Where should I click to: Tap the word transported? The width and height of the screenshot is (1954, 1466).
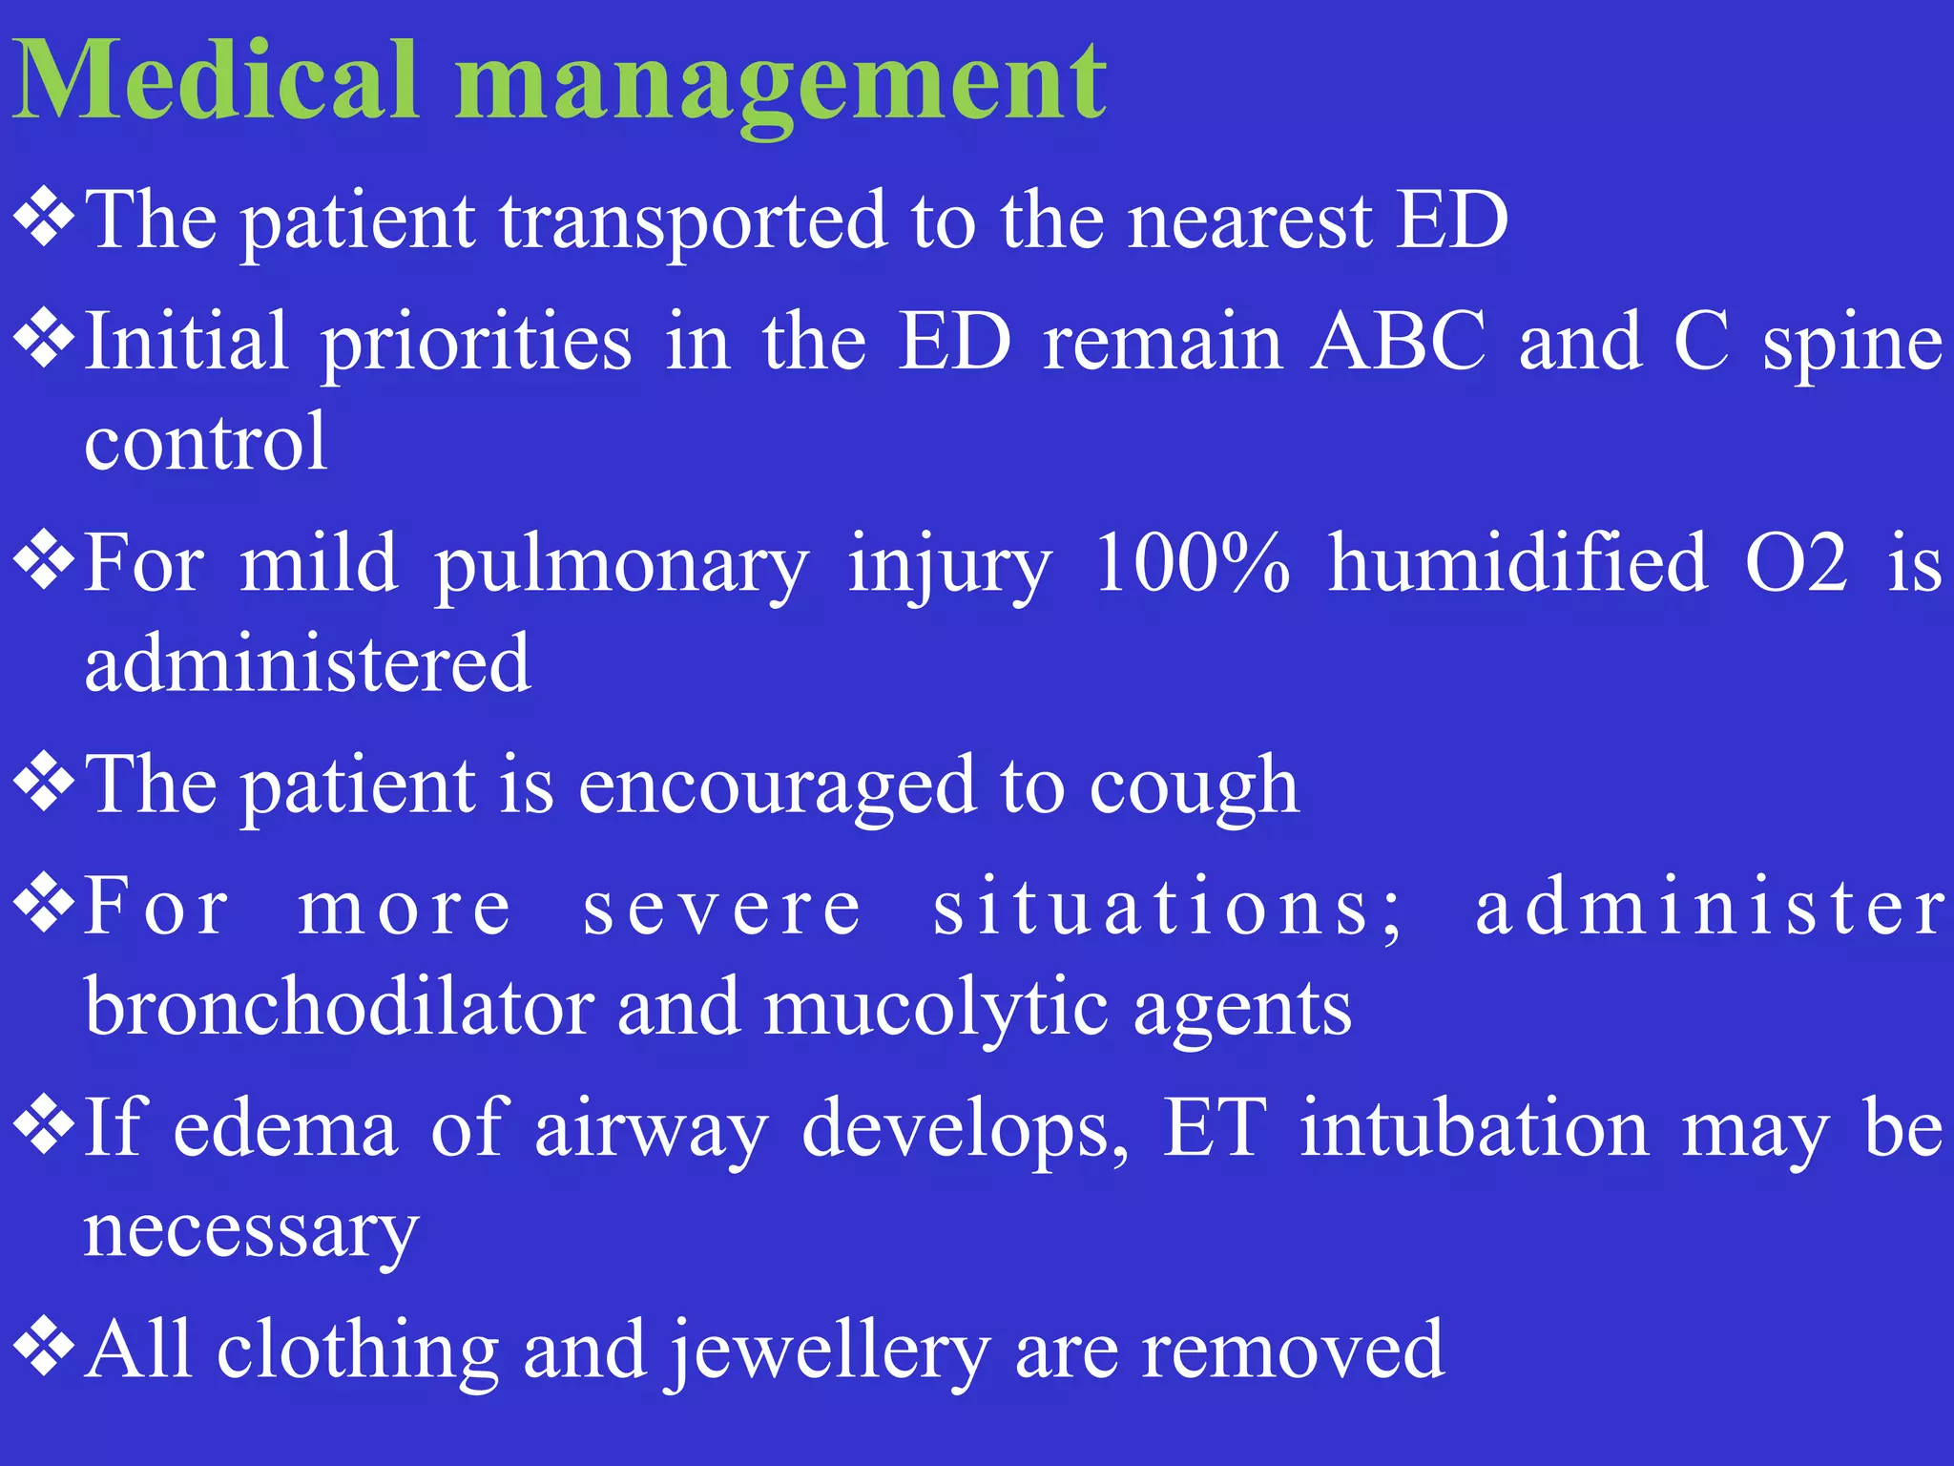(x=694, y=221)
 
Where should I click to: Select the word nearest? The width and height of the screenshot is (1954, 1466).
(x=1250, y=221)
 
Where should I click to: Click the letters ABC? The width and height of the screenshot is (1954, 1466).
(x=1398, y=342)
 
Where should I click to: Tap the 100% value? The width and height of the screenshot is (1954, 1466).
(x=1193, y=563)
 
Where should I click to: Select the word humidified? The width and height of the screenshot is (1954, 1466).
(x=1518, y=563)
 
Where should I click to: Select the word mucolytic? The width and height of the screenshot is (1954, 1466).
(x=936, y=1010)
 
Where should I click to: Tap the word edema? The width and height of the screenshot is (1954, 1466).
(x=285, y=1129)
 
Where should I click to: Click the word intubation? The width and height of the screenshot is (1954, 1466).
(x=1474, y=1129)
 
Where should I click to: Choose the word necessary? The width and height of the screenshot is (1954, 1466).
(x=251, y=1231)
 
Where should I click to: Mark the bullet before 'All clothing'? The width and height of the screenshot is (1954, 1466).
(x=44, y=1347)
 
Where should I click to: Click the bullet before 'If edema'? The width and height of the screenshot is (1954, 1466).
(x=44, y=1123)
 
